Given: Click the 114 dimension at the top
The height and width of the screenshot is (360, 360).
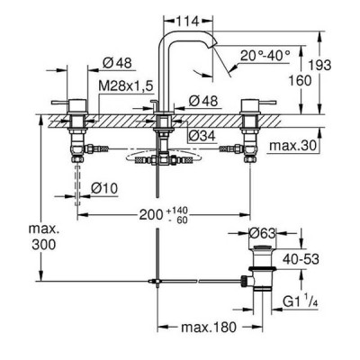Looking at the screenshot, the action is (x=187, y=22).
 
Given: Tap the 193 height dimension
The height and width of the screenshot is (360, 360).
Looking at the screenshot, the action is (x=320, y=65).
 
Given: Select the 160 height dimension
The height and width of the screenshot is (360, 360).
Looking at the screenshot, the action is (x=300, y=80).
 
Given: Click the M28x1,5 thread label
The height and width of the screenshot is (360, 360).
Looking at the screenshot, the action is (x=126, y=86).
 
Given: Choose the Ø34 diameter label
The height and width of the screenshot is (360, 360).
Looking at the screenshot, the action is (x=202, y=136).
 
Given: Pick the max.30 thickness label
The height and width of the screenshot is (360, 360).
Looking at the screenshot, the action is (x=293, y=146).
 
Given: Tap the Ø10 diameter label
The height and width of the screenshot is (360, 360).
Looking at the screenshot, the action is (x=104, y=189).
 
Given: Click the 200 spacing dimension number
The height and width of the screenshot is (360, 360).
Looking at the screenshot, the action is (x=151, y=215).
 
